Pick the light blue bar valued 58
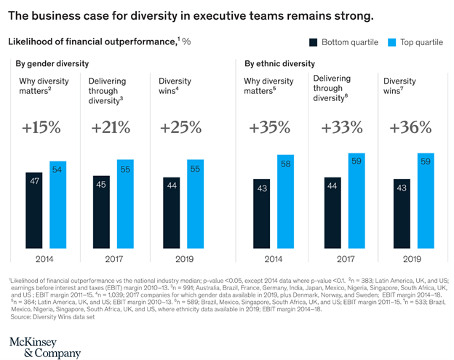[x=286, y=200]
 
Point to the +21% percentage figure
[x=111, y=128]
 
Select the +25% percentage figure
[x=180, y=128]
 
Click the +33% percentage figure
[x=341, y=128]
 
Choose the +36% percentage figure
[x=411, y=128]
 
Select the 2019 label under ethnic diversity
[x=412, y=257]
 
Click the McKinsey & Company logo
[x=45, y=347]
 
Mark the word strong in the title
[x=351, y=15]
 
